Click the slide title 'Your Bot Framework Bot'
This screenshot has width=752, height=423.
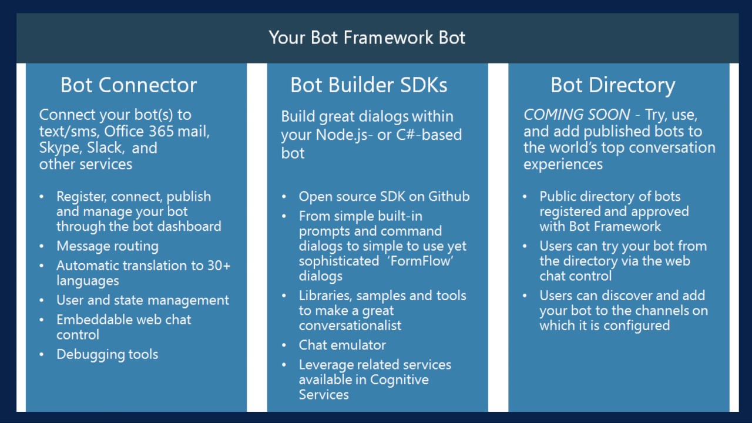click(367, 38)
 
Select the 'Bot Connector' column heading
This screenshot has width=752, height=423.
click(128, 85)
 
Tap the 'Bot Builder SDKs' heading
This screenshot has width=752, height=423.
click(368, 85)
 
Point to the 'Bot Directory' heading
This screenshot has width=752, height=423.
click(612, 85)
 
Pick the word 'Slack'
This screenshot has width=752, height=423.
click(106, 147)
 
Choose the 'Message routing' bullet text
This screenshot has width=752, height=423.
click(107, 246)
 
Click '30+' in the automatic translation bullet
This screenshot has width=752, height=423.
click(219, 266)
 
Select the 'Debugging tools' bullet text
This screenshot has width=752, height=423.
click(107, 354)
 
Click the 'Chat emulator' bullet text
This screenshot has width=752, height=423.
click(342, 345)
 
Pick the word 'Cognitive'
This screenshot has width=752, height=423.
click(399, 380)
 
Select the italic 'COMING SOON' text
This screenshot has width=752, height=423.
click(577, 115)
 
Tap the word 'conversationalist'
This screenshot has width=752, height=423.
click(350, 325)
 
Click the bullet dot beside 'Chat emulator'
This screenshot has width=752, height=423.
click(284, 345)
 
